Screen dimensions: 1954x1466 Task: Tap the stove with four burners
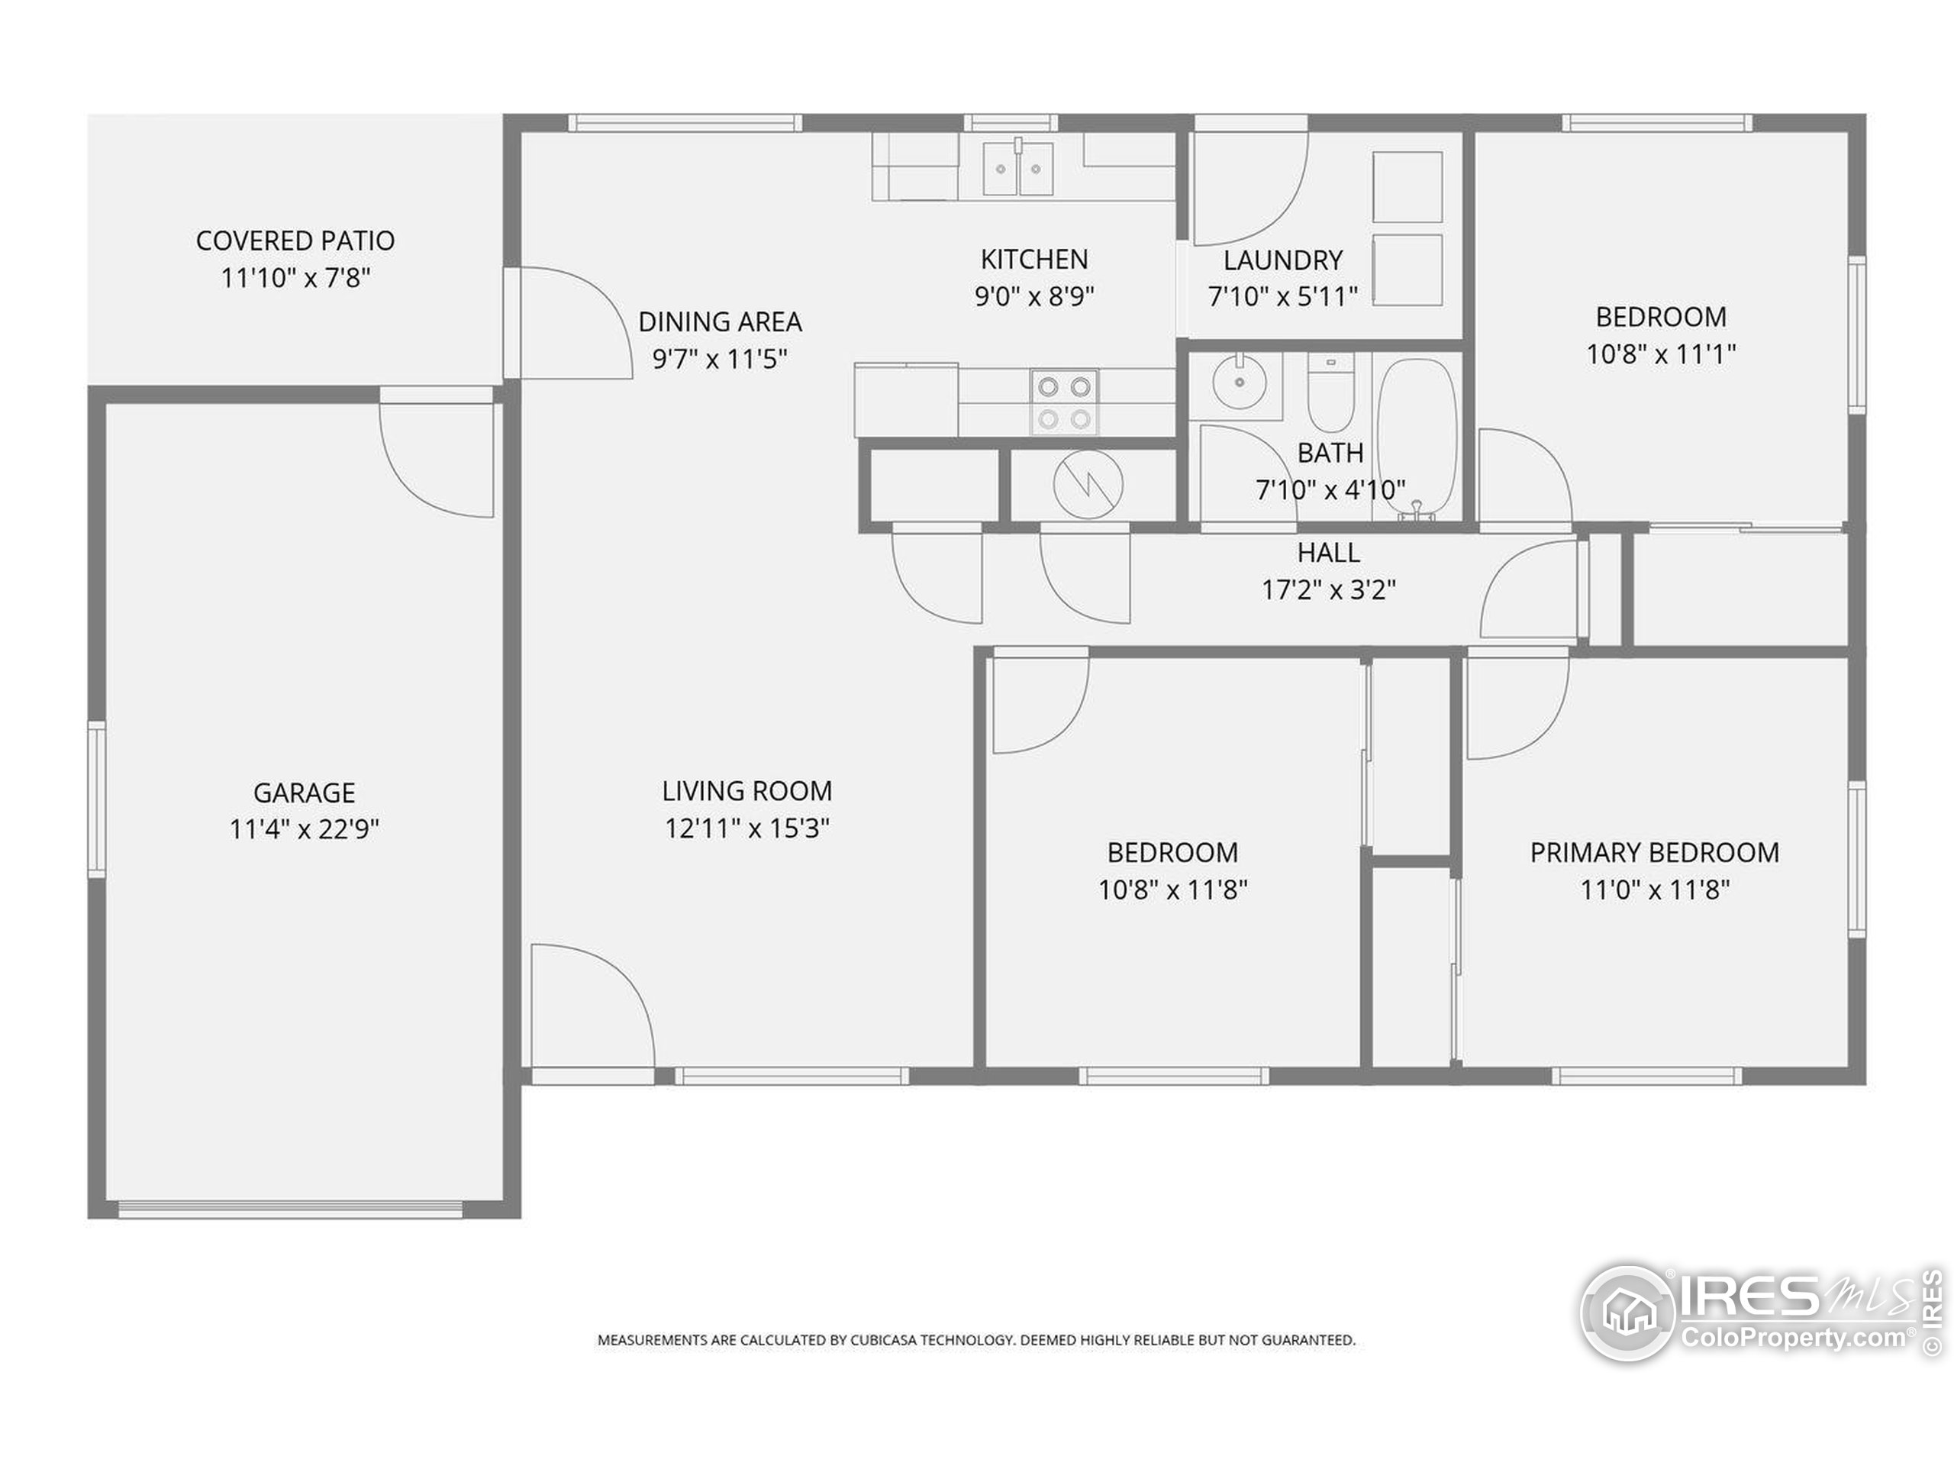(x=1065, y=402)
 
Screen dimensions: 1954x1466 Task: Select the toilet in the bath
(x=1330, y=392)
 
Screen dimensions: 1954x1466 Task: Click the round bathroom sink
(x=1240, y=382)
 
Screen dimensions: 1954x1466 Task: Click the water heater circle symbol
(x=1088, y=484)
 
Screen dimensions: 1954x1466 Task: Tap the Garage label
(x=305, y=793)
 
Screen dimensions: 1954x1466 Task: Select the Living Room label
(x=747, y=791)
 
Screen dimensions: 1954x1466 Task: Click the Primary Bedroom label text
(x=1655, y=853)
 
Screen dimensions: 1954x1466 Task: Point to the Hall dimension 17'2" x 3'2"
(x=1329, y=589)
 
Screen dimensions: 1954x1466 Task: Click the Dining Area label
(x=720, y=321)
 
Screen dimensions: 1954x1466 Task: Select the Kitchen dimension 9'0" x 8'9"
(x=1034, y=296)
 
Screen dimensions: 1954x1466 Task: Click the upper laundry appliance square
(x=1408, y=186)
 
